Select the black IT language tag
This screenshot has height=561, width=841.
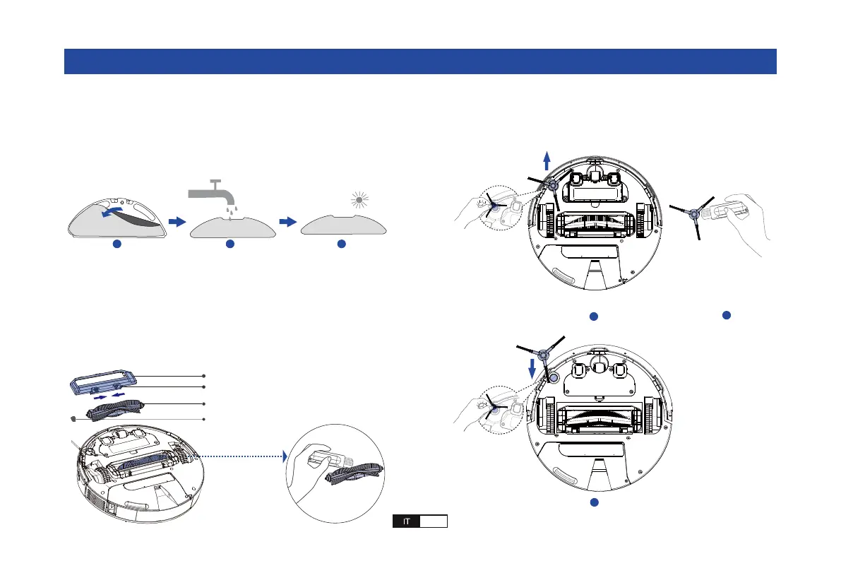coord(406,521)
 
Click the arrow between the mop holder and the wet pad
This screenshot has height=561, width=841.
coord(177,222)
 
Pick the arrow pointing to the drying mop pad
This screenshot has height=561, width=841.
coord(288,222)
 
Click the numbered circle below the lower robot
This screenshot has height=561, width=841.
coord(594,502)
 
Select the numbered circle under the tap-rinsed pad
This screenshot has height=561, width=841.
coord(229,244)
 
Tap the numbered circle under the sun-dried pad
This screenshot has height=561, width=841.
coord(341,244)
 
